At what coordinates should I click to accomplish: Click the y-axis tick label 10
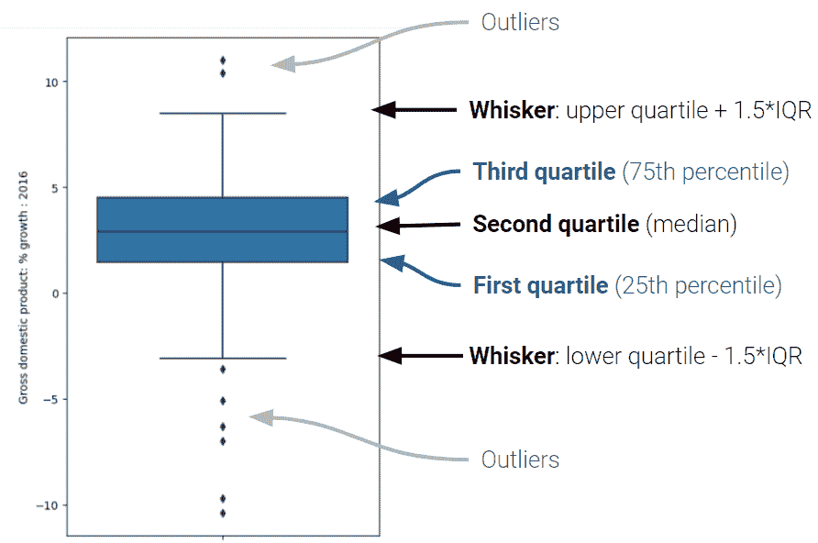point(51,83)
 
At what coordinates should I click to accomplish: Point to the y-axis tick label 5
point(55,188)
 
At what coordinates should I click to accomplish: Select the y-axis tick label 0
point(55,294)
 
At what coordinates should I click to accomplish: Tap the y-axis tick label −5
point(50,400)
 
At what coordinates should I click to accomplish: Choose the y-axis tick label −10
point(47,505)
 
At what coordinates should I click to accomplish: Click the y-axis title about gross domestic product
point(23,287)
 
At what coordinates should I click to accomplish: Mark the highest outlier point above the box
point(223,61)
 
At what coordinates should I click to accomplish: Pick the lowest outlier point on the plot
point(223,514)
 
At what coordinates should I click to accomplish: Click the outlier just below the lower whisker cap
point(223,370)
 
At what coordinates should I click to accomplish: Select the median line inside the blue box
point(223,231)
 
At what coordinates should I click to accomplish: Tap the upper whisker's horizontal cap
point(223,113)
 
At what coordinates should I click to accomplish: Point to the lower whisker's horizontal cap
point(223,359)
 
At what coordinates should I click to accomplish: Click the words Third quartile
point(544,172)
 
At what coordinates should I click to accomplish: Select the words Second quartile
point(556,225)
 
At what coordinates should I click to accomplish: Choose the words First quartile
point(540,285)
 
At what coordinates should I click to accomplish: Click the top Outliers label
point(520,22)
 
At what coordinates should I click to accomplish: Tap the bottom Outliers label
point(520,460)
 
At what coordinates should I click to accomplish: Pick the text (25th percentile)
point(699,286)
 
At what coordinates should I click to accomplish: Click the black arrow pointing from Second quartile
point(418,226)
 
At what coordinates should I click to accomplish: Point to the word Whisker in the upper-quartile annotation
point(512,110)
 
